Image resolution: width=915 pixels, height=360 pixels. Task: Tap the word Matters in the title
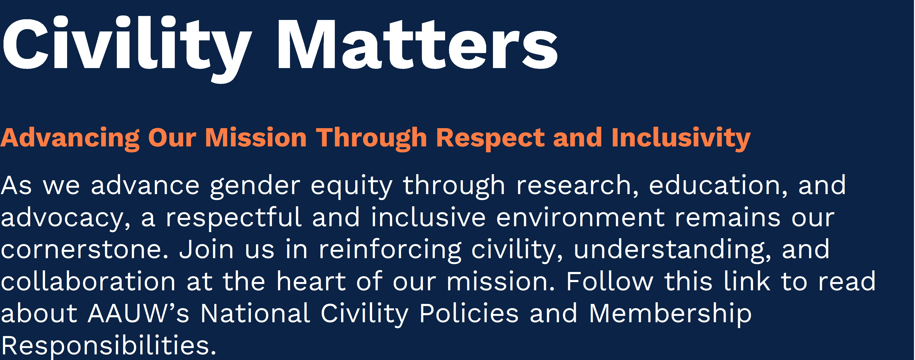click(x=418, y=44)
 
